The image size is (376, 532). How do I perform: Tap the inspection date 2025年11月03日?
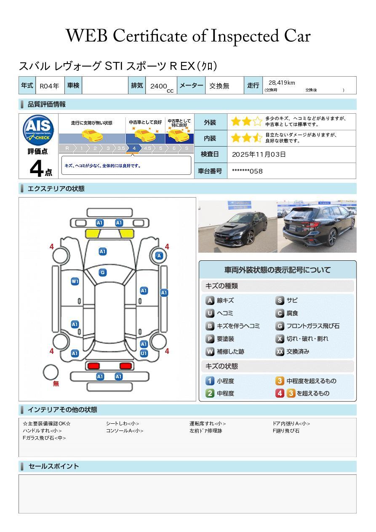tap(259, 154)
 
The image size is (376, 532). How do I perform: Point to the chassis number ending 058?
tap(247, 171)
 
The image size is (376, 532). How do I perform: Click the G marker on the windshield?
tap(102, 273)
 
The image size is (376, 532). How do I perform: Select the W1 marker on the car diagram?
tap(75, 281)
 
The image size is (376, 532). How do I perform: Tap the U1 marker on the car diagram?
tap(144, 353)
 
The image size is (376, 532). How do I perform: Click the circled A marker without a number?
tap(159, 256)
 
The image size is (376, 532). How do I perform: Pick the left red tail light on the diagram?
tap(93, 366)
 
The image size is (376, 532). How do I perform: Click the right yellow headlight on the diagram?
tap(126, 234)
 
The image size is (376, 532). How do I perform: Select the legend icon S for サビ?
tap(280, 300)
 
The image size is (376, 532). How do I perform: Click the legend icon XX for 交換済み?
tap(280, 351)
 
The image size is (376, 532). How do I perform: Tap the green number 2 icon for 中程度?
tap(210, 393)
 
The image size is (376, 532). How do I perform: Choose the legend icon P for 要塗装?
tap(210, 339)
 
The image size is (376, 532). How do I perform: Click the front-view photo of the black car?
tap(237, 227)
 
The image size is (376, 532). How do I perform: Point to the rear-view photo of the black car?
tap(317, 227)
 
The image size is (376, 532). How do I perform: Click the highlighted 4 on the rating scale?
tap(134, 148)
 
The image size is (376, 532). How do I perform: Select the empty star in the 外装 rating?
tap(258, 122)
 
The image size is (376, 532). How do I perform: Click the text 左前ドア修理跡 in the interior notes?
tap(205, 431)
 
